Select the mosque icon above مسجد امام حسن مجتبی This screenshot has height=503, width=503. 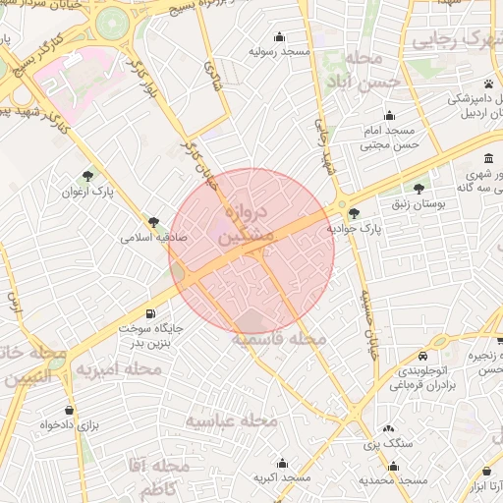click(390, 115)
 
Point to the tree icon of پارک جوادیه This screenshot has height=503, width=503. click(354, 212)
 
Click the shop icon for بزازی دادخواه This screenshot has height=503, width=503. click(69, 410)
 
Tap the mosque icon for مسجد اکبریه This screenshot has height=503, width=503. click(283, 462)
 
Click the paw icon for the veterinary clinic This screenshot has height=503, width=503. click(488, 83)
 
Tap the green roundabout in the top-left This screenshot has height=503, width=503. click(113, 20)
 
